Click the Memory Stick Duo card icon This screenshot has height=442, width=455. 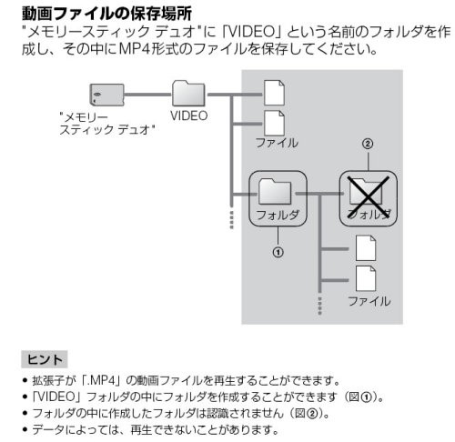pyautogui.click(x=106, y=95)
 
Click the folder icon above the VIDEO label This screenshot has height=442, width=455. pyautogui.click(x=188, y=93)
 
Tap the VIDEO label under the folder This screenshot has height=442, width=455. pyautogui.click(x=188, y=116)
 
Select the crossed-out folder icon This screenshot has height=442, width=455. pyautogui.click(x=368, y=194)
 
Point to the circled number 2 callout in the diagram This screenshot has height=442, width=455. pyautogui.click(x=368, y=144)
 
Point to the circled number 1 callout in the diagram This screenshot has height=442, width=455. pyautogui.click(x=278, y=252)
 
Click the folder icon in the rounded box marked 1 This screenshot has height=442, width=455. pyautogui.click(x=275, y=192)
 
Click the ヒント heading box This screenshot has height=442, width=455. pyautogui.click(x=45, y=359)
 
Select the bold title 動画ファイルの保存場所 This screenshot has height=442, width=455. pyautogui.click(x=106, y=14)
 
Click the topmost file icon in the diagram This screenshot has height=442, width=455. pyautogui.click(x=274, y=93)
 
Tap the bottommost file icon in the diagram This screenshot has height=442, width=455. pyautogui.click(x=366, y=278)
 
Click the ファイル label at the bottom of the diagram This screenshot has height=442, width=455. pyautogui.click(x=369, y=301)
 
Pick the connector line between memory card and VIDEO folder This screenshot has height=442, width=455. pyautogui.click(x=148, y=95)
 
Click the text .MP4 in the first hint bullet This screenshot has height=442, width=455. pyautogui.click(x=102, y=380)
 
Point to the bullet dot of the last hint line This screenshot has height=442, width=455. pyautogui.click(x=25, y=429)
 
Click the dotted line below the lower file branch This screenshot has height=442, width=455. pyautogui.click(x=319, y=305)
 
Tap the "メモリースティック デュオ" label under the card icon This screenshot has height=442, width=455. pyautogui.click(x=107, y=123)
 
